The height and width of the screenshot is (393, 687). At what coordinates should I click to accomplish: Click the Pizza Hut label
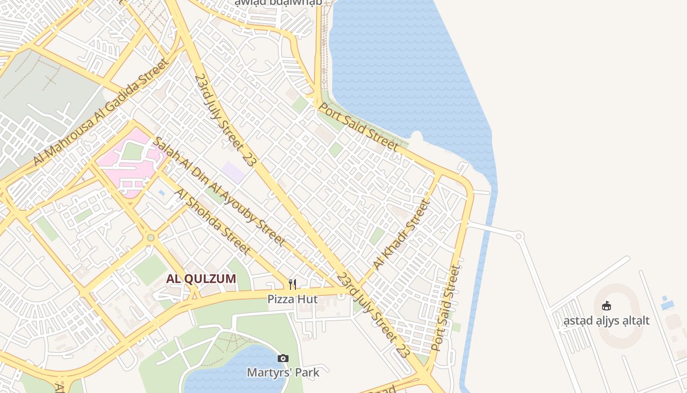pyautogui.click(x=292, y=299)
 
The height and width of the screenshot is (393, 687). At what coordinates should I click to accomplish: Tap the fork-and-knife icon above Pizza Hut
pyautogui.click(x=292, y=284)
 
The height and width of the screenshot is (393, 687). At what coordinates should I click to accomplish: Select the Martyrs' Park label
pyautogui.click(x=283, y=372)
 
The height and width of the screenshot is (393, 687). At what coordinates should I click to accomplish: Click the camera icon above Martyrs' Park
pyautogui.click(x=283, y=358)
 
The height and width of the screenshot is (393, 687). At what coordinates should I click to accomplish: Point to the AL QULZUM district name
pyautogui.click(x=201, y=279)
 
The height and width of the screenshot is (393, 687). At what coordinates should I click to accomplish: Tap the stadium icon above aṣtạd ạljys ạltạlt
pyautogui.click(x=607, y=306)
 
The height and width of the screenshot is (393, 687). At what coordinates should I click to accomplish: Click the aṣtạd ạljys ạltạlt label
pyautogui.click(x=607, y=321)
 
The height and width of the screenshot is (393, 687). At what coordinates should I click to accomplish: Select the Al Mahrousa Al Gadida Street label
pyautogui.click(x=101, y=112)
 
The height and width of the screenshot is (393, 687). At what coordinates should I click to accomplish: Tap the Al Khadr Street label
pyautogui.click(x=401, y=235)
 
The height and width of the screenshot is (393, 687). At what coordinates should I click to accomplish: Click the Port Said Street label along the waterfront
pyautogui.click(x=359, y=126)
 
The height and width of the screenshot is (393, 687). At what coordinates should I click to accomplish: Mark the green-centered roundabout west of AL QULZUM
pyautogui.click(x=151, y=238)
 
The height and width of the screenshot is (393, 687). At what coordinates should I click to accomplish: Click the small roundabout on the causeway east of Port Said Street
pyautogui.click(x=519, y=236)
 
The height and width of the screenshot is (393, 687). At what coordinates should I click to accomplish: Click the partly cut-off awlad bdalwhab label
pyautogui.click(x=278, y=3)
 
